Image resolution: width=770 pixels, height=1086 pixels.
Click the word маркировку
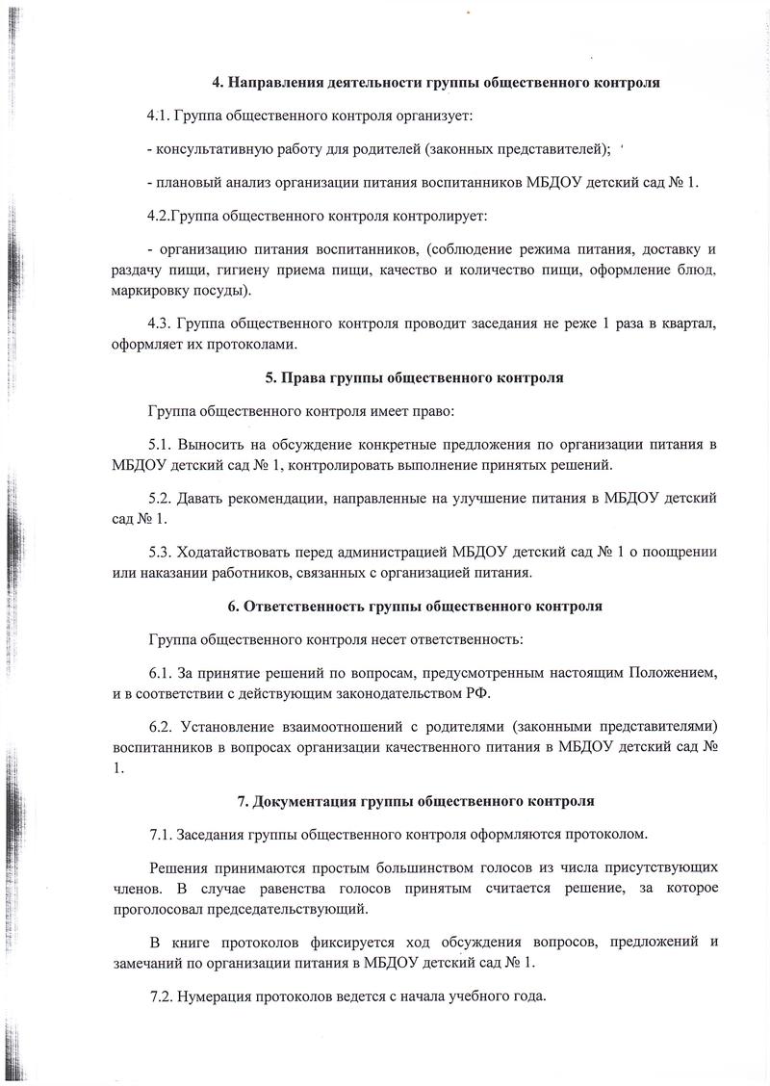tap(155, 290)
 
